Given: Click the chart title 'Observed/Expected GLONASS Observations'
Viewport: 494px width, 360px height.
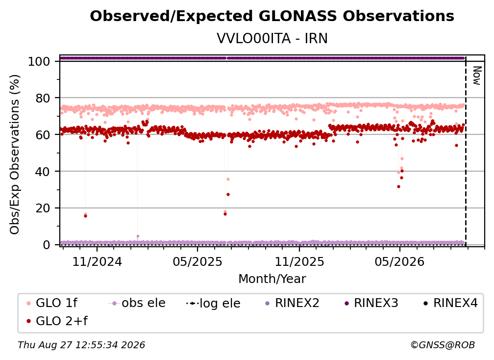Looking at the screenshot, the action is [x=272, y=16].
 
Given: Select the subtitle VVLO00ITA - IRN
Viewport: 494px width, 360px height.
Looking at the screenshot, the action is [x=272, y=38].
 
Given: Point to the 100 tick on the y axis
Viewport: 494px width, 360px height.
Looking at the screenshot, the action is [x=39, y=61].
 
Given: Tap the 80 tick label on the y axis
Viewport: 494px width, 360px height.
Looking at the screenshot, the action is [x=43, y=99].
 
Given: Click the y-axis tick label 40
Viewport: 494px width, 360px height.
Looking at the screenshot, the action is [x=43, y=172].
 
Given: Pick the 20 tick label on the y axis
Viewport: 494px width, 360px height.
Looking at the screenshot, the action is [x=43, y=208].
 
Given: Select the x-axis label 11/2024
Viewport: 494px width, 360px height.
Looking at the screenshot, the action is [x=97, y=261].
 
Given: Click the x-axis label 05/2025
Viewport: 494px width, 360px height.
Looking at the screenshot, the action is [x=198, y=261].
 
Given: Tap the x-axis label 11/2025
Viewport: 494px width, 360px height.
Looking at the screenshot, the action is [x=299, y=261].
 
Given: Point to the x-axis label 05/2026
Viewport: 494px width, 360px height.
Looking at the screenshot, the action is [x=399, y=261].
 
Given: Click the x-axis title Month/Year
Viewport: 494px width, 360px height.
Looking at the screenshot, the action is [x=272, y=279].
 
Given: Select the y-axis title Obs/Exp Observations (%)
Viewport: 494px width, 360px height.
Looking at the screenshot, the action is [x=15, y=154].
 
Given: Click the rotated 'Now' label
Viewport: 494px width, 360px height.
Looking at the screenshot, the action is [x=477, y=76].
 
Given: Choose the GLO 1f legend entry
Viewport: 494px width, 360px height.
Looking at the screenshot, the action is [x=52, y=303].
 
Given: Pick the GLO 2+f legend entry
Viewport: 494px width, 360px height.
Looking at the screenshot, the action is [x=57, y=321].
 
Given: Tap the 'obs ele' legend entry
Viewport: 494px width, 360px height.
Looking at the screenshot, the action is [x=137, y=303].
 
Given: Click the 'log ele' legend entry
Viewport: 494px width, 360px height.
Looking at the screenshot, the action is [x=213, y=303].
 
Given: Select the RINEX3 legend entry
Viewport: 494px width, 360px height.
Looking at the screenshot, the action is [x=371, y=303].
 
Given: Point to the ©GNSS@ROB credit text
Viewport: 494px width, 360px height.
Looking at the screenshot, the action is [x=443, y=345].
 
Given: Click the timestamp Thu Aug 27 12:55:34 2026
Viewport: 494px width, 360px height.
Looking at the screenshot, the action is [x=81, y=345].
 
